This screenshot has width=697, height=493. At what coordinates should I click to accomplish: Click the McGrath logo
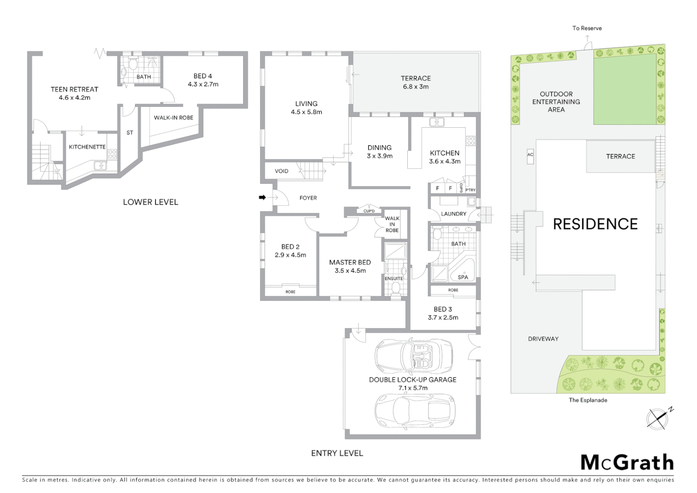[x=627, y=462]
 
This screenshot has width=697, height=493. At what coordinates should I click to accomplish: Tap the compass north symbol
[x=658, y=418]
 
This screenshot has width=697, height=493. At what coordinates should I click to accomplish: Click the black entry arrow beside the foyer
[x=262, y=197]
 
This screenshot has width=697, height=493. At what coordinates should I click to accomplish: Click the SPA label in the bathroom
[x=463, y=277]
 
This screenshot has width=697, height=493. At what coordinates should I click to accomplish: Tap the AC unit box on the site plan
[x=530, y=155]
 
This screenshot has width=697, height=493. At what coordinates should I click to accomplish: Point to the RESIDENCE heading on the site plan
[x=595, y=224]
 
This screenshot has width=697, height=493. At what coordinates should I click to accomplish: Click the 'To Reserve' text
[x=587, y=28]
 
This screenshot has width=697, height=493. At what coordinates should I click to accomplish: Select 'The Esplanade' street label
[x=588, y=400]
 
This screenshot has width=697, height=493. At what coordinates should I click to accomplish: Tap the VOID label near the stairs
[x=281, y=171]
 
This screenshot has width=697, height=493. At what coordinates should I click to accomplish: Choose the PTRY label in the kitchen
[x=470, y=190]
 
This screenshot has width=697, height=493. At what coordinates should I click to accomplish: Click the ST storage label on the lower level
[x=130, y=133]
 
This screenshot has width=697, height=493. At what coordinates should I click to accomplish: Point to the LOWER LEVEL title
[x=150, y=202]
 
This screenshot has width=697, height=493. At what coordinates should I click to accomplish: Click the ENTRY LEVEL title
[x=337, y=453]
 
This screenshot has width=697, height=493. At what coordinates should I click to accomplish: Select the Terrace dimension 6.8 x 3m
[x=416, y=87]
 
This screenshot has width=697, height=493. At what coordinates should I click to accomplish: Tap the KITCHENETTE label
[x=87, y=147]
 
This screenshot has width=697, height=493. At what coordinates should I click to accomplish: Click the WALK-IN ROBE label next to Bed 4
[x=173, y=118]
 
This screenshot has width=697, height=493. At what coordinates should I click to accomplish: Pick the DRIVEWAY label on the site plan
[x=543, y=339]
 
